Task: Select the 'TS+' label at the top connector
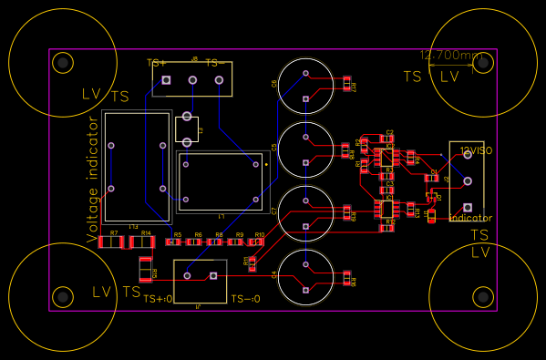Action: pyautogui.click(x=157, y=63)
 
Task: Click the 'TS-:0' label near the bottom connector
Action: pyautogui.click(x=245, y=299)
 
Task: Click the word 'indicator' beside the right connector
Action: pyautogui.click(x=470, y=218)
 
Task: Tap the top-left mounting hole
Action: pyautogui.click(x=62, y=62)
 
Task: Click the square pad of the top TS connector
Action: pyautogui.click(x=166, y=81)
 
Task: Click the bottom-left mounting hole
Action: pyautogui.click(x=62, y=296)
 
